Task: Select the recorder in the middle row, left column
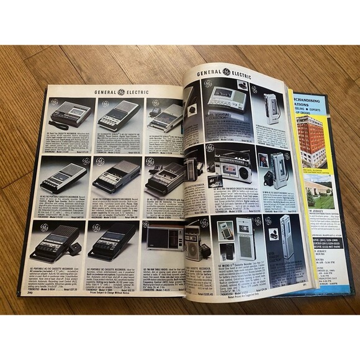tap(64, 177)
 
